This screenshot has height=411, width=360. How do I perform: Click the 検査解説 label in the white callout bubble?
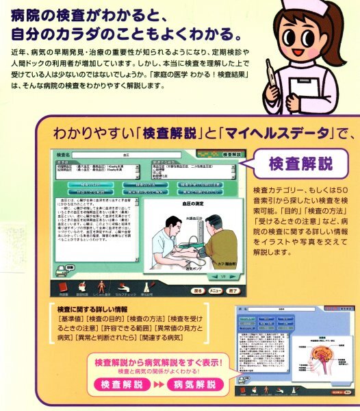pyautogui.click(x=300, y=164)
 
